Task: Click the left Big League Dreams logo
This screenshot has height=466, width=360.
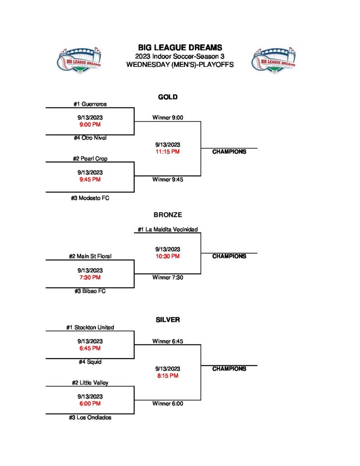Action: pyautogui.click(x=79, y=60)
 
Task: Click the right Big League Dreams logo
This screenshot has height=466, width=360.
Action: pyautogui.click(x=273, y=60)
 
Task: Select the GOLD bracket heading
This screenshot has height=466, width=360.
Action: pyautogui.click(x=167, y=97)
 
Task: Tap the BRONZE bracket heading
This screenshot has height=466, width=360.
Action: pyautogui.click(x=167, y=215)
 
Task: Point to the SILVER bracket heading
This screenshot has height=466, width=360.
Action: pyautogui.click(x=167, y=320)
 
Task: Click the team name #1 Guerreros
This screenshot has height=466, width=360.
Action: pyautogui.click(x=90, y=104)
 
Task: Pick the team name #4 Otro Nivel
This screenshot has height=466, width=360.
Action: pyautogui.click(x=90, y=138)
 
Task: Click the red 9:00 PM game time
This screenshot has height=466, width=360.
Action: pyautogui.click(x=90, y=124)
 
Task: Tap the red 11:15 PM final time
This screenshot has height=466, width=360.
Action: pyautogui.click(x=167, y=152)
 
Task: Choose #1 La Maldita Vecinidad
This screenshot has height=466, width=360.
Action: pyautogui.click(x=167, y=229)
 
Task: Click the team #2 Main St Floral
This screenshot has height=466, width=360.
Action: pyautogui.click(x=90, y=256)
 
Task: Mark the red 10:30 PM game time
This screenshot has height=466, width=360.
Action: pyautogui.click(x=167, y=256)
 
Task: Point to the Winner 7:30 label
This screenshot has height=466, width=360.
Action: pyautogui.click(x=167, y=277)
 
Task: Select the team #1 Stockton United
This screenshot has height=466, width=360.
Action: pyautogui.click(x=90, y=327)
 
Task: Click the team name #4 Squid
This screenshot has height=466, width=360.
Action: pyautogui.click(x=90, y=362)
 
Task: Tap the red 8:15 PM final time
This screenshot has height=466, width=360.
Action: pyautogui.click(x=167, y=376)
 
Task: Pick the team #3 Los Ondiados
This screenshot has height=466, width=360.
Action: pyautogui.click(x=90, y=417)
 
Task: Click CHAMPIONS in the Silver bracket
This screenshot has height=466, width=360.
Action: pyautogui.click(x=229, y=369)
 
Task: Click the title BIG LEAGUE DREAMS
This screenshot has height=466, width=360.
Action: pyautogui.click(x=180, y=47)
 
